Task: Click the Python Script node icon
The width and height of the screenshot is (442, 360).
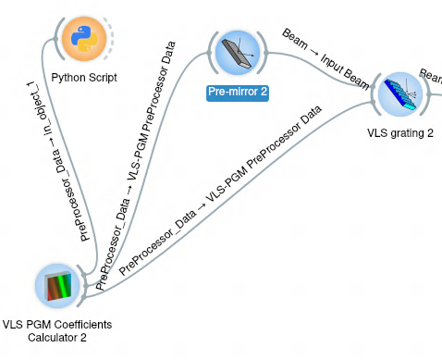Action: (83, 40)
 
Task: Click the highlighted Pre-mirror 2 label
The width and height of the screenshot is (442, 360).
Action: (238, 93)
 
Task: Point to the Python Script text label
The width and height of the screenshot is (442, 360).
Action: (83, 78)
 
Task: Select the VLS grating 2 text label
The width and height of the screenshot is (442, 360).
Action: (400, 133)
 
